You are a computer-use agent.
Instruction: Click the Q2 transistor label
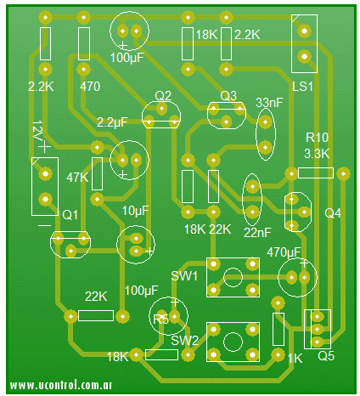point(163,96)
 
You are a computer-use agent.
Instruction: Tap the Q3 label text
point(228,96)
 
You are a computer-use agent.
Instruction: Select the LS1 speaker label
point(302,87)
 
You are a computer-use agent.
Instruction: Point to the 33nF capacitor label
point(269,103)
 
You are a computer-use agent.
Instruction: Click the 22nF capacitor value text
point(257,233)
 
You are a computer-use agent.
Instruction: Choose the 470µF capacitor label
point(284,252)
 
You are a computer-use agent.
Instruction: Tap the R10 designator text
point(317,138)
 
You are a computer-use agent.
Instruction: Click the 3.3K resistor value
point(317,154)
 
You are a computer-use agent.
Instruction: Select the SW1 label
point(184,275)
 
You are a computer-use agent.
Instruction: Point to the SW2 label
point(184,341)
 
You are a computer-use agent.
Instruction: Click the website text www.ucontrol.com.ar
point(61,385)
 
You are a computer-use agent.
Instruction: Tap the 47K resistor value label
point(77,178)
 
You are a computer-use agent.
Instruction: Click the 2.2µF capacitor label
point(112,122)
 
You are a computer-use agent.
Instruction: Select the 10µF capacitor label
point(135,211)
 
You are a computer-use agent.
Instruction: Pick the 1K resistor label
point(295,359)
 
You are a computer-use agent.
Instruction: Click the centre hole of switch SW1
point(233,277)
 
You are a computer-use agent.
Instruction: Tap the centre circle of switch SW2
point(233,342)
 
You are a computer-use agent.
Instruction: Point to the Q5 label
point(326,356)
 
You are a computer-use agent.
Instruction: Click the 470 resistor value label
point(90,87)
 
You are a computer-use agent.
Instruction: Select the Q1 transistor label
point(70,215)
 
